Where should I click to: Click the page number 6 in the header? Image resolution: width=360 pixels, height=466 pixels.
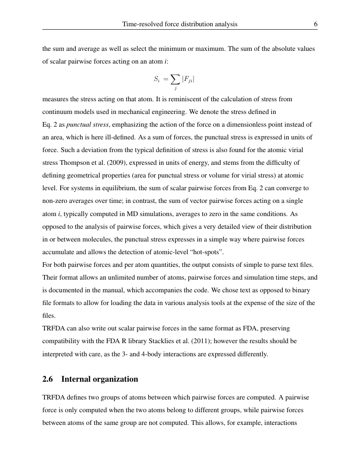(x=316, y=24)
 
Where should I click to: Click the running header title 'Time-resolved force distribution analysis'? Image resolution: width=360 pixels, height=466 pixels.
(x=180, y=24)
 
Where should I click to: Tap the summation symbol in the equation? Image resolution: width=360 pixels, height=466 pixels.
(x=174, y=79)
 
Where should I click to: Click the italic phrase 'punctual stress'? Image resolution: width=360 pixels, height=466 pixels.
(x=86, y=125)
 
